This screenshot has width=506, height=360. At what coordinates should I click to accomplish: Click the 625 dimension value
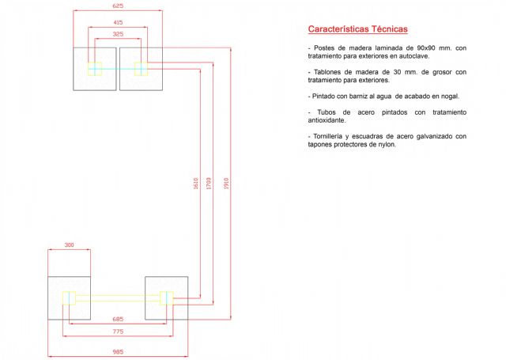(x=118, y=6)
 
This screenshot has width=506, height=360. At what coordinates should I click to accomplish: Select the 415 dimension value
(x=118, y=22)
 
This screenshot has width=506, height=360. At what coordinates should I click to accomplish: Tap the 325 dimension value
(x=118, y=34)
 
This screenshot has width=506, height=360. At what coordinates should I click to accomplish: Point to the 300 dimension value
(x=69, y=244)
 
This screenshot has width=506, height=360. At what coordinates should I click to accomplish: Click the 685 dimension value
(x=118, y=319)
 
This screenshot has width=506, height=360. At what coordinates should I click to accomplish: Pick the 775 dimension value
(x=118, y=332)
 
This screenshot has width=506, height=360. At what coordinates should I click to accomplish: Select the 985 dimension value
(x=118, y=351)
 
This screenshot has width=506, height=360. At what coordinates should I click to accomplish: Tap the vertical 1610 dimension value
(x=195, y=184)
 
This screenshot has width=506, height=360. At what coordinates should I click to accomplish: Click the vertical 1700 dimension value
(x=209, y=184)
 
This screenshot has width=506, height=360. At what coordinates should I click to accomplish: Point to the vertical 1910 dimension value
(x=226, y=184)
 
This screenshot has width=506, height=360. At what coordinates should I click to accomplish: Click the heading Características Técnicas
(x=358, y=29)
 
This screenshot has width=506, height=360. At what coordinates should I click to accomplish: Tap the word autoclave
(x=414, y=56)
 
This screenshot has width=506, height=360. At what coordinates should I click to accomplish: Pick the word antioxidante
(x=327, y=120)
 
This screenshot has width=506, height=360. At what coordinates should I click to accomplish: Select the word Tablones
(x=326, y=72)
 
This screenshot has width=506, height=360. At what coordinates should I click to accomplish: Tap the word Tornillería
(x=328, y=136)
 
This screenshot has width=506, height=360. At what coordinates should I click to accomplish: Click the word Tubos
(x=327, y=112)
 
